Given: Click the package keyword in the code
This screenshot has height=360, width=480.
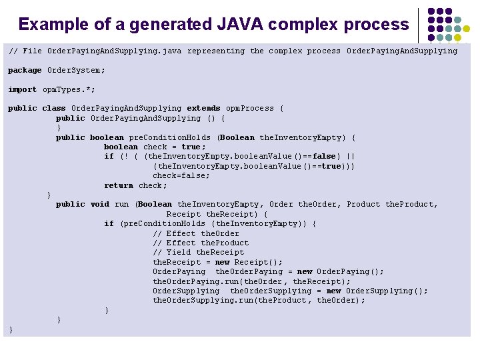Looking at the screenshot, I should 25,70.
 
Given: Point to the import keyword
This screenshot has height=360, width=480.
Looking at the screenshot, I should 22,89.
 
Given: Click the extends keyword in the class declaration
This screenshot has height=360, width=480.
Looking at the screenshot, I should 203,108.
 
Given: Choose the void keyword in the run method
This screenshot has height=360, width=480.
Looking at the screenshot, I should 99,204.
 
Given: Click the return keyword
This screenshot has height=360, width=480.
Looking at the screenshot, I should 119,185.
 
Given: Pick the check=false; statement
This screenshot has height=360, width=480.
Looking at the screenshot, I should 181,175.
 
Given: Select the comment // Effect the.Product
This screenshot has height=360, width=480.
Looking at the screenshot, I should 201,243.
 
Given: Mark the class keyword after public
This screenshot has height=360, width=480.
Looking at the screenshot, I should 53,108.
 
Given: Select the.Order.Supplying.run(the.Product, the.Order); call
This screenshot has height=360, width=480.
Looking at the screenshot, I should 259,300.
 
